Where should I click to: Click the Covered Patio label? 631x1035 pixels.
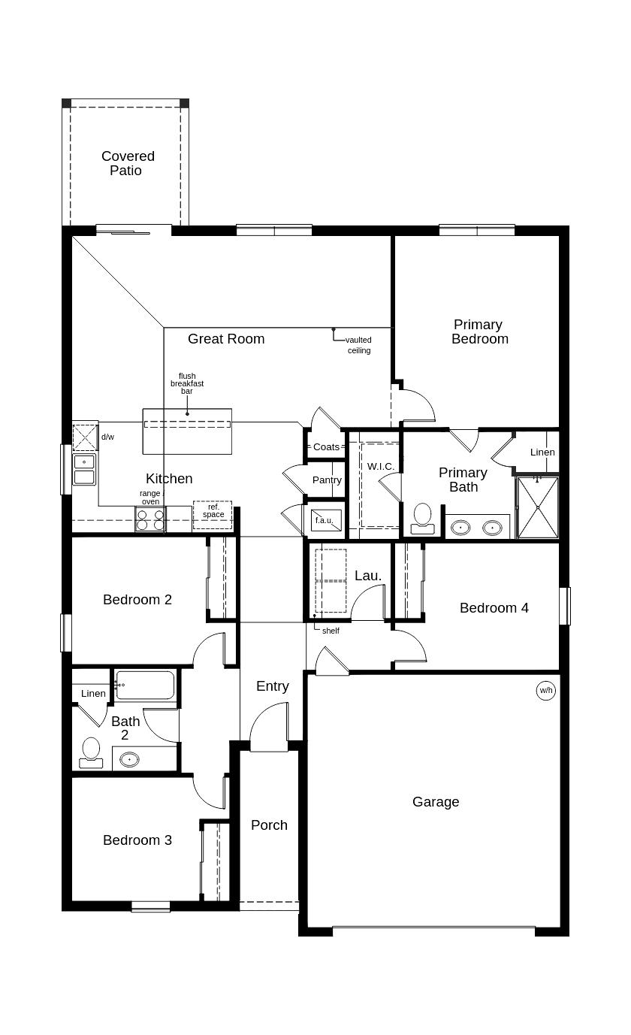pos(128,163)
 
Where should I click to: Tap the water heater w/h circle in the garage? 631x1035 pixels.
pos(545,690)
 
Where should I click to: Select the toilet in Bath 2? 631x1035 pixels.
pos(91,752)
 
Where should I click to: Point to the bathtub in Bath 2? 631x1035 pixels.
pos(146,685)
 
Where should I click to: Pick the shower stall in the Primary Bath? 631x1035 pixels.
pos(538,507)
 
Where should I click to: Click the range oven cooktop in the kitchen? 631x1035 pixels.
pos(149,519)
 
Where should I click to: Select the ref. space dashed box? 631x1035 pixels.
pos(213,514)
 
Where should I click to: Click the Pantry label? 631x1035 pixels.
pos(327,480)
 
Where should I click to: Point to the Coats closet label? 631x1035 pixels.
pos(326,447)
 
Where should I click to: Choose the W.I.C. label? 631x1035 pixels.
pos(380,467)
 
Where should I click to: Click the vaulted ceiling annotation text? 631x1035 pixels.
pos(358,345)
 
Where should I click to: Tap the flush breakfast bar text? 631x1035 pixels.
pos(186,383)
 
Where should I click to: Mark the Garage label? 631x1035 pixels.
pos(436,802)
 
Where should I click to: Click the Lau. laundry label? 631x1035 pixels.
pos(368,576)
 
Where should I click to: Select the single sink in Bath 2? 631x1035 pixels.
pos(130,759)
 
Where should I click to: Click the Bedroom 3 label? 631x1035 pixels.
pos(137,840)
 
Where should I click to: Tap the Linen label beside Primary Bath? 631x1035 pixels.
pos(542,452)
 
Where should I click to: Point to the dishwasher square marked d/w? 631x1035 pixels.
pos(84,437)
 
